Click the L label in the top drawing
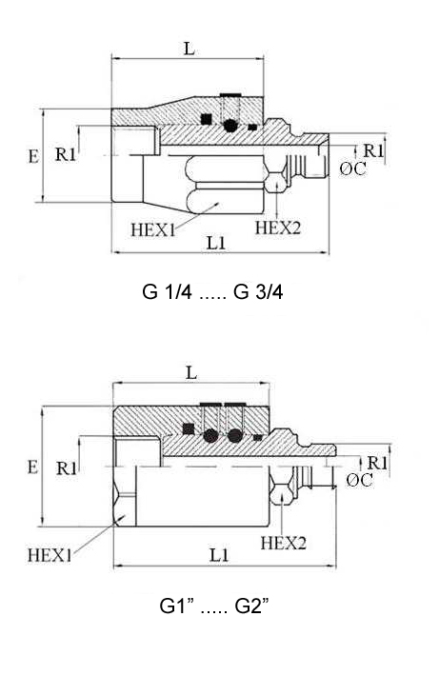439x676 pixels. coord(190,49)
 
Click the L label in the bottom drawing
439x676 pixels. coord(191,373)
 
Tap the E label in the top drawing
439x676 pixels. coord(33,156)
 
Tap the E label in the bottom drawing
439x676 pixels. coord(32,467)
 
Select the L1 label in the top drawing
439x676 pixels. coord(216,243)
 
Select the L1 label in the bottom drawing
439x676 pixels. coord(219,555)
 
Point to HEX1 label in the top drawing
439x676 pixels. coord(153,229)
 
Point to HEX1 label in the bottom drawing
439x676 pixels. coord(50,555)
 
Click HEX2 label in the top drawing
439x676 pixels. coord(277,228)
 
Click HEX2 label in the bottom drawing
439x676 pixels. coord(284,543)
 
